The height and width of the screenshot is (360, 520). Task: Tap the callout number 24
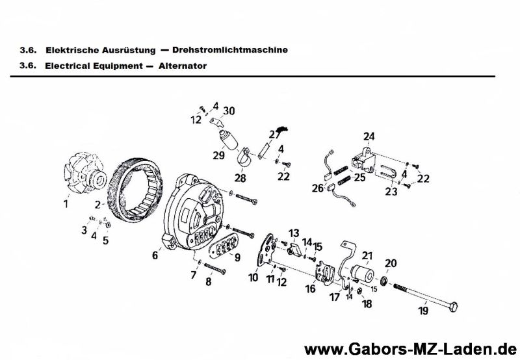[369, 136]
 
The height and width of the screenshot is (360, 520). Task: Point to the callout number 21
[367, 255]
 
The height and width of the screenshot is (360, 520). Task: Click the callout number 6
[155, 255]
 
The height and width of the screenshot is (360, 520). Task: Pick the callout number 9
[237, 257]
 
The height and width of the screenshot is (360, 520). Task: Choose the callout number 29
[218, 155]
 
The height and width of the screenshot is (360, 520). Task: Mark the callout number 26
[317, 188]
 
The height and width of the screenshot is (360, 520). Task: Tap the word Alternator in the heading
[183, 66]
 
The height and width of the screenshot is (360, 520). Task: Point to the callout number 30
[228, 110]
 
